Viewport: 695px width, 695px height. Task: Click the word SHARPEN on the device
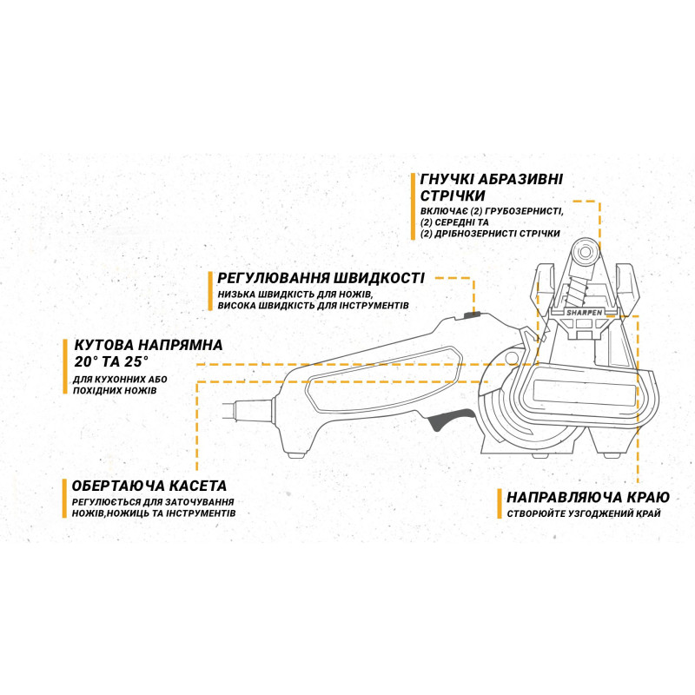[584, 313]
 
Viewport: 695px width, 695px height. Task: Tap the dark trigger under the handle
[450, 419]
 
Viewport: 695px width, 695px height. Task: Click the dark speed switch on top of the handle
[472, 315]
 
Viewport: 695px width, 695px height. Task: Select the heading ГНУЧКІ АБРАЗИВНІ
[491, 179]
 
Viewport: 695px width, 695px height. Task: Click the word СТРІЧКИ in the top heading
[452, 195]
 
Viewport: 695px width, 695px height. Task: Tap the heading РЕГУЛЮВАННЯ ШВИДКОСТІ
[321, 278]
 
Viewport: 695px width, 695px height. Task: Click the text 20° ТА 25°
[111, 361]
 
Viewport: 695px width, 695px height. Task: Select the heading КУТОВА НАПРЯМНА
[149, 345]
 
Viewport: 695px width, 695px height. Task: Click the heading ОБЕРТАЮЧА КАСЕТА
[149, 486]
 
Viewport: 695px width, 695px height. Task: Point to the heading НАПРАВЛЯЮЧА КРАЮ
[588, 497]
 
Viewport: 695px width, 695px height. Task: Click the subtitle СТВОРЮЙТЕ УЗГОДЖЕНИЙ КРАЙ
[584, 513]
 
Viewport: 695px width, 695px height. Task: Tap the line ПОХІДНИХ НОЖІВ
[115, 391]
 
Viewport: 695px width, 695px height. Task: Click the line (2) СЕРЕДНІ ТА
[454, 222]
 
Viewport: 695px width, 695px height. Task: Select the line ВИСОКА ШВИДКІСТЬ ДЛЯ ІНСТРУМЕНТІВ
[313, 306]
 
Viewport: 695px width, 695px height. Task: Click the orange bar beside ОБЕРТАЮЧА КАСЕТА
[64, 498]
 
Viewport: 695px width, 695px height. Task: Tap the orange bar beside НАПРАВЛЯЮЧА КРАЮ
[499, 504]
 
